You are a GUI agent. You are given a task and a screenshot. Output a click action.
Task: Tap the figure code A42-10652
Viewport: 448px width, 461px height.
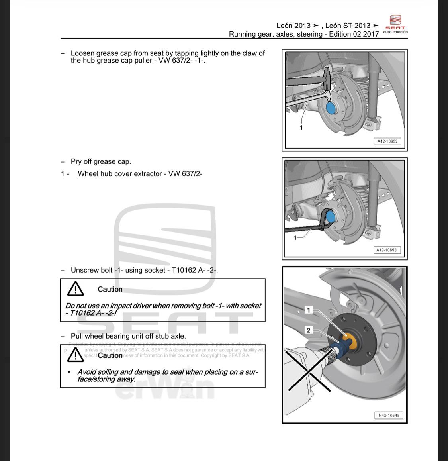click(x=387, y=141)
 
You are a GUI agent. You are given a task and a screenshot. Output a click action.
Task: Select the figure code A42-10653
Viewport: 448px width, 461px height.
click(x=386, y=250)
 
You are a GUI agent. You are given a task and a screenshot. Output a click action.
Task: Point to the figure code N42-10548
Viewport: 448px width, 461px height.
click(x=389, y=415)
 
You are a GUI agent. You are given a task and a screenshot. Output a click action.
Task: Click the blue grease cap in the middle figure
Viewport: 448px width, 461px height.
click(x=331, y=216)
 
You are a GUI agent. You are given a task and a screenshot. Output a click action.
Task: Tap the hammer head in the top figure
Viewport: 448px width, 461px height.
click(x=327, y=78)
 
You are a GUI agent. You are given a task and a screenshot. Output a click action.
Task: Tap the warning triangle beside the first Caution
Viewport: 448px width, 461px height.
click(x=75, y=289)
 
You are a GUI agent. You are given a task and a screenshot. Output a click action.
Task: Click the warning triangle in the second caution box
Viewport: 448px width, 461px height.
click(x=75, y=355)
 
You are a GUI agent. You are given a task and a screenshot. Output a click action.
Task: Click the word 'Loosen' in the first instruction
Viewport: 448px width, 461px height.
click(x=82, y=53)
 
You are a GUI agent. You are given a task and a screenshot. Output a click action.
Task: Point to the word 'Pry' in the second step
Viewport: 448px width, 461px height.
click(x=76, y=162)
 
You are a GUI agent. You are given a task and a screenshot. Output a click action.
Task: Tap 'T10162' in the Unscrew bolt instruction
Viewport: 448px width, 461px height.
click(x=184, y=270)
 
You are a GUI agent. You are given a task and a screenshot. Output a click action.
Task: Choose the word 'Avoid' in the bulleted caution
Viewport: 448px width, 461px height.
click(x=86, y=372)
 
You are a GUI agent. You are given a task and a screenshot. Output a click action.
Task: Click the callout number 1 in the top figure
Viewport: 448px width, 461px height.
click(x=301, y=128)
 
